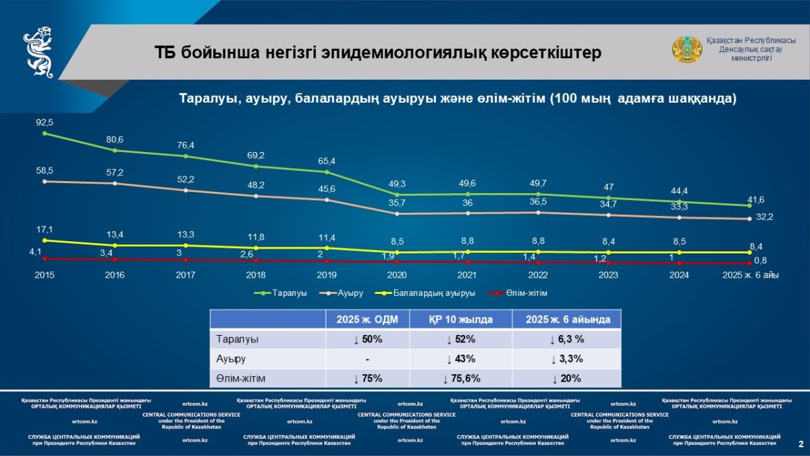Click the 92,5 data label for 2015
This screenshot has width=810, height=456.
(45, 122)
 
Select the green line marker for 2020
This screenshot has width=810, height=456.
(397, 195)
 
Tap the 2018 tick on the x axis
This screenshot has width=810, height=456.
(256, 276)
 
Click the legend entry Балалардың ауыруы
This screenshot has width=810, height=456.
(434, 293)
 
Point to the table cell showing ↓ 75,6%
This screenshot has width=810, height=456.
(460, 378)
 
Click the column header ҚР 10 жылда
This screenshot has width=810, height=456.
(460, 320)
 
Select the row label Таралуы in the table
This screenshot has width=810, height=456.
(238, 339)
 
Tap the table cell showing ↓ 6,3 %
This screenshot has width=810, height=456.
(566, 339)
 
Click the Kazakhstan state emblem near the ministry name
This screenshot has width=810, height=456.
(686, 50)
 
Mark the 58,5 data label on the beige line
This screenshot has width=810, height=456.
(45, 171)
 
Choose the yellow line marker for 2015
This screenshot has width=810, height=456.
(45, 240)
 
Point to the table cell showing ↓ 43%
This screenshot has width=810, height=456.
(460, 359)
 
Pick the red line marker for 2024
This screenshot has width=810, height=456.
(679, 263)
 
